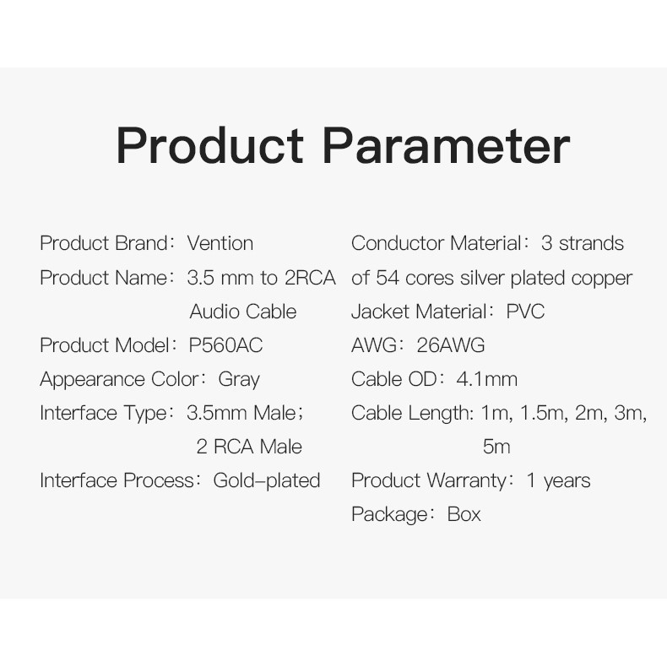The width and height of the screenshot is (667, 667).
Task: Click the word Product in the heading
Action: coord(209,144)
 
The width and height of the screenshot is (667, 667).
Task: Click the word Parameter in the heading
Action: coord(447,144)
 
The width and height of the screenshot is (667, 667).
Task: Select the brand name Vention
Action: coord(220,243)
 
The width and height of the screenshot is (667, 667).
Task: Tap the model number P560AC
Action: coord(225,345)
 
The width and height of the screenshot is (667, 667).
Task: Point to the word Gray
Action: coord(239,380)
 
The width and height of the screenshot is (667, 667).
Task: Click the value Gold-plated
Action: coord(267,480)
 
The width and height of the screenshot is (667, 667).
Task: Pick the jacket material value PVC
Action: coord(525,312)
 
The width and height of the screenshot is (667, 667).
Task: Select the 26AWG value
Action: coord(451,345)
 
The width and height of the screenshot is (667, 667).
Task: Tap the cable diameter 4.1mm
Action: coord(486,379)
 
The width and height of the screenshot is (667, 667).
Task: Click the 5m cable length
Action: coord(496,447)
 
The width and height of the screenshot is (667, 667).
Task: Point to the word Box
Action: coord(464,514)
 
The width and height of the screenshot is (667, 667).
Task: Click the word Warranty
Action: coord(467,481)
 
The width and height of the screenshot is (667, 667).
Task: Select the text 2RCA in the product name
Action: coord(310,278)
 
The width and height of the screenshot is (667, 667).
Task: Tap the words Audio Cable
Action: coord(243,312)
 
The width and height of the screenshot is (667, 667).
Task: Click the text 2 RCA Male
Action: coord(249,447)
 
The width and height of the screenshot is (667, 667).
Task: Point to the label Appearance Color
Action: coord(120,380)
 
